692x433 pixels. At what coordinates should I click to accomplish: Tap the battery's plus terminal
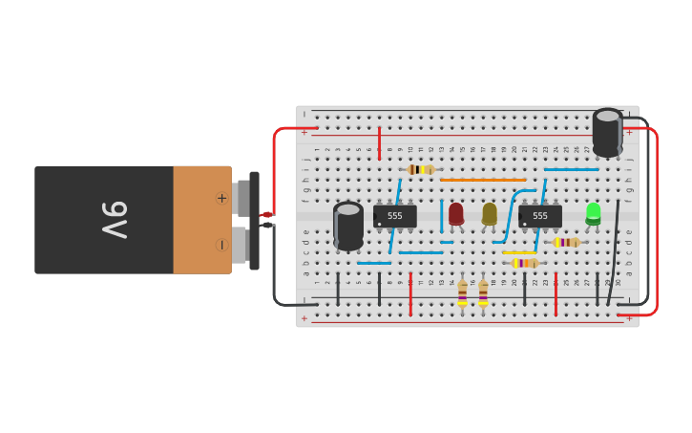click(222, 199)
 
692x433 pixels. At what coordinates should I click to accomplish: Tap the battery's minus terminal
click(222, 245)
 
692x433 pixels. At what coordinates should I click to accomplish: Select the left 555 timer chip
click(394, 216)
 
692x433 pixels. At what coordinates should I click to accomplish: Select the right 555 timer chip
click(539, 216)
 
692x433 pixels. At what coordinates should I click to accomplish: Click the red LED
click(456, 213)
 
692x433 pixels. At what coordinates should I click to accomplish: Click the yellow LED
click(490, 213)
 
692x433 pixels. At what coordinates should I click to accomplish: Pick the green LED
click(593, 212)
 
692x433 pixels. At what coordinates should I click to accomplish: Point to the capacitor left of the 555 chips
click(348, 226)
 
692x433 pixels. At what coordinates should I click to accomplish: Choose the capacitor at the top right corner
click(607, 132)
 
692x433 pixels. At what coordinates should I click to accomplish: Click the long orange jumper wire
click(483, 180)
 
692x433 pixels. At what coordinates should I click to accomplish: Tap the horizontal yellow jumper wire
click(519, 252)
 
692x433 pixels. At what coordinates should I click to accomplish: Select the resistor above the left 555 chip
click(421, 169)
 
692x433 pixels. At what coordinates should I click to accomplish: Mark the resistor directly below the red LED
click(462, 292)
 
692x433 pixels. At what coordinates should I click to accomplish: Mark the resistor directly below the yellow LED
click(483, 292)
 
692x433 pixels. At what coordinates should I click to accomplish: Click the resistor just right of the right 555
click(567, 242)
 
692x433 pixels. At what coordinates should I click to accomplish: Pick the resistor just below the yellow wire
click(524, 263)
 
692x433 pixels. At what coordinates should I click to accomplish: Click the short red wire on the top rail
click(379, 142)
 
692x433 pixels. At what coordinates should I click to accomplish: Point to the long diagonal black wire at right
click(613, 252)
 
